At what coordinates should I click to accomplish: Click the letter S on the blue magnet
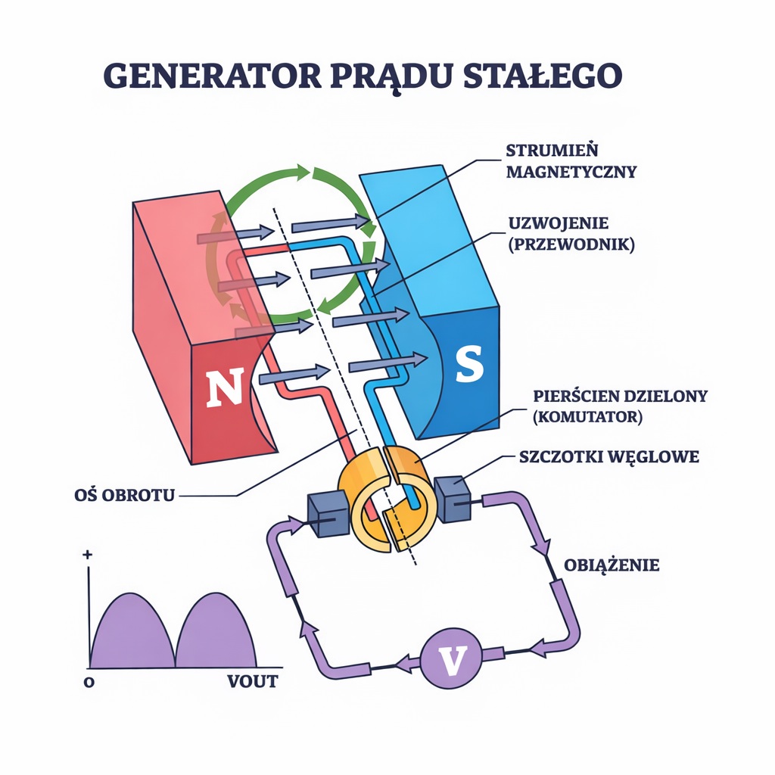468,365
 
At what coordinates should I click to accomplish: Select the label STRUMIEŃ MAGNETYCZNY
571,160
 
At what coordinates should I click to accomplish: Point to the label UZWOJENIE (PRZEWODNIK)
570,234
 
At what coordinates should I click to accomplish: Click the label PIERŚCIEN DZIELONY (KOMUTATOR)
620,406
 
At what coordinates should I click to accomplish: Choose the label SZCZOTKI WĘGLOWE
609,457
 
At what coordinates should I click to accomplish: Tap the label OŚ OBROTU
120,496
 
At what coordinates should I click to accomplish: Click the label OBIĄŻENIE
612,565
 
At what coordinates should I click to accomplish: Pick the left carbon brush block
328,515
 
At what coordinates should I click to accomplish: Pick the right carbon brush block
454,499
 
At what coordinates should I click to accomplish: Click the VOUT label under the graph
253,681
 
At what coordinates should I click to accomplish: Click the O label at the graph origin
89,681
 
